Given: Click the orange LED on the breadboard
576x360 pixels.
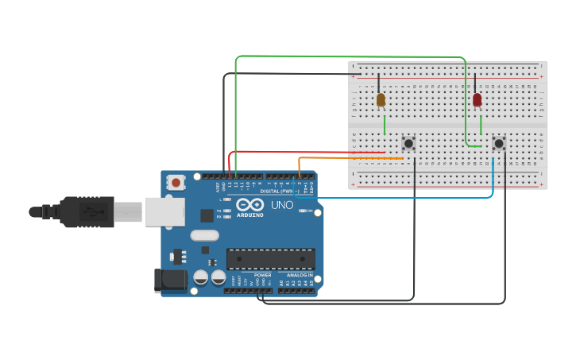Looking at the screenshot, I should coord(381,99).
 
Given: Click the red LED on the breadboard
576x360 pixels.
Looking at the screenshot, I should coord(477,99).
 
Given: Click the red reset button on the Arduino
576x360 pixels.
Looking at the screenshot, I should coord(176,182).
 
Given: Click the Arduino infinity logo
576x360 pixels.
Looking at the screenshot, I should coord(249,205).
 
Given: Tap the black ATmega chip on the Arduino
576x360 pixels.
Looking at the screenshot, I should coord(270,258).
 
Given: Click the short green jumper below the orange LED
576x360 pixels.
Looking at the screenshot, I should coord(385,125).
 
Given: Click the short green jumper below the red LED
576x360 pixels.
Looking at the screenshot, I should coord(481,125).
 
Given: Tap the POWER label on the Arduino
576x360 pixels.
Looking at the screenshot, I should coord(262,275).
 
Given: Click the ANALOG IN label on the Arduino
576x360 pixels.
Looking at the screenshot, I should coord(300,275).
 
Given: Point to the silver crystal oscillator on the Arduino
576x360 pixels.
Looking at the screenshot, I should coord(204,235).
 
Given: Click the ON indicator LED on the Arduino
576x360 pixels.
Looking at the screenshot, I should coord(302,211).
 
